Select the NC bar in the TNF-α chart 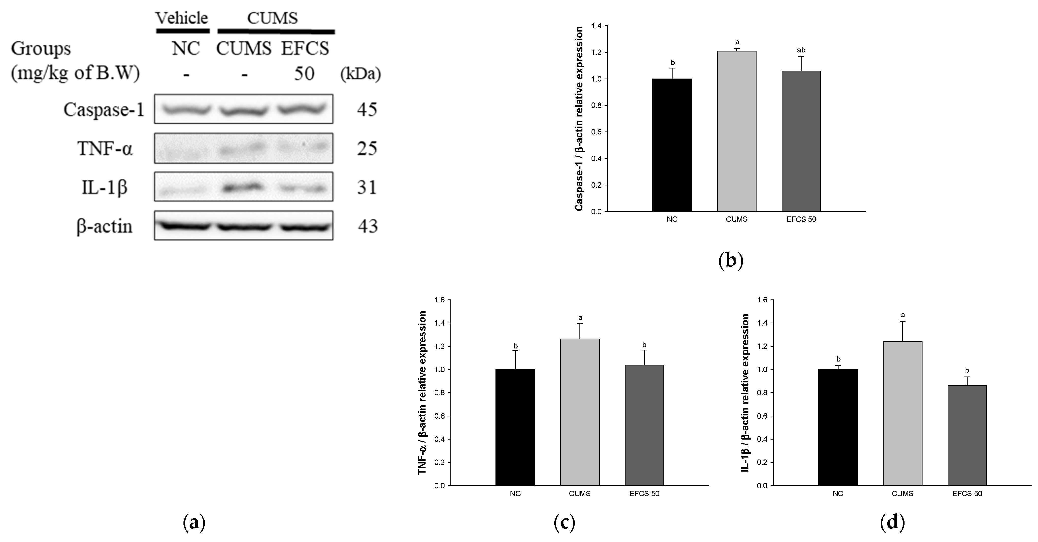click(515, 427)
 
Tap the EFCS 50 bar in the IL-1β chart click(967, 435)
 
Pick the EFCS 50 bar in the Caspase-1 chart click(801, 141)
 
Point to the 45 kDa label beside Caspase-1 click(367, 109)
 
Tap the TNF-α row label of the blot click(105, 148)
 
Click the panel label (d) click(892, 522)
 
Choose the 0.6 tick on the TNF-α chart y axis click(439, 416)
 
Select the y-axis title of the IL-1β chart click(745, 393)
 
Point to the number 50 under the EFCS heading click(304, 74)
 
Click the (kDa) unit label click(360, 74)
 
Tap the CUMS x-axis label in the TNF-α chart click(579, 494)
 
